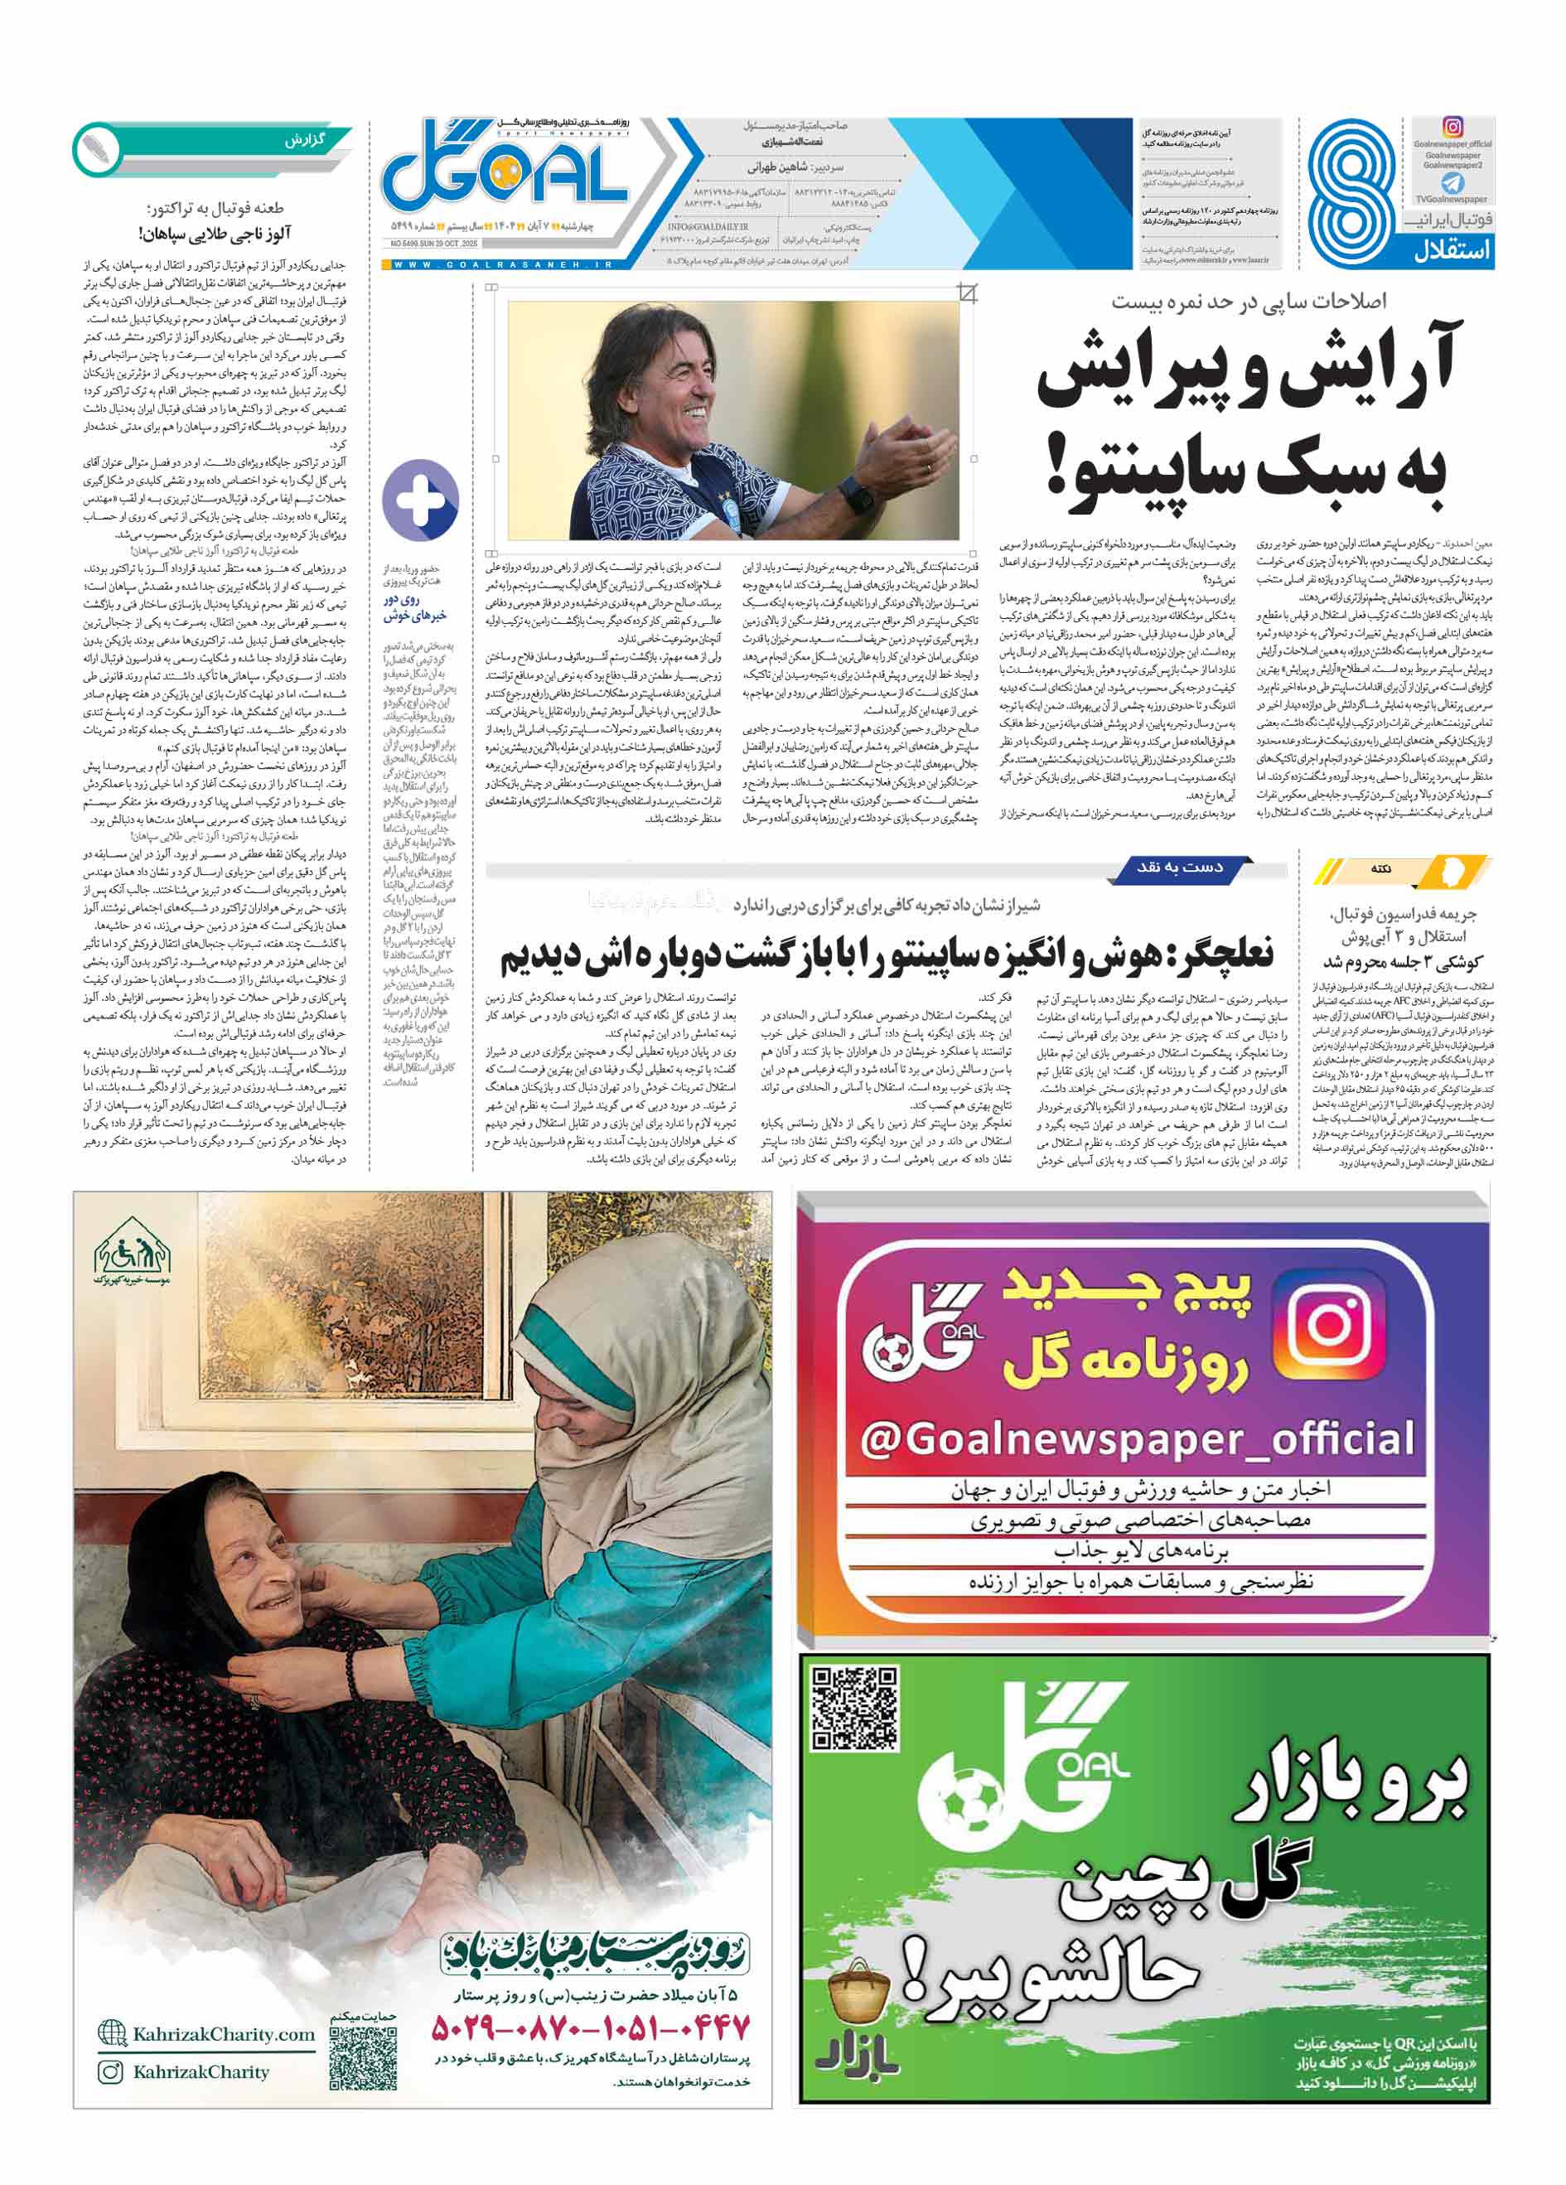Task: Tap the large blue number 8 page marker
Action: [x=1354, y=193]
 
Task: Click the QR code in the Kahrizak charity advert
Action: [x=363, y=2059]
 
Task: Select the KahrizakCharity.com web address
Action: [x=224, y=2033]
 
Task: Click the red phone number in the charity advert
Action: [x=589, y=2027]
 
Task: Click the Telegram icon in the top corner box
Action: [x=1452, y=183]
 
